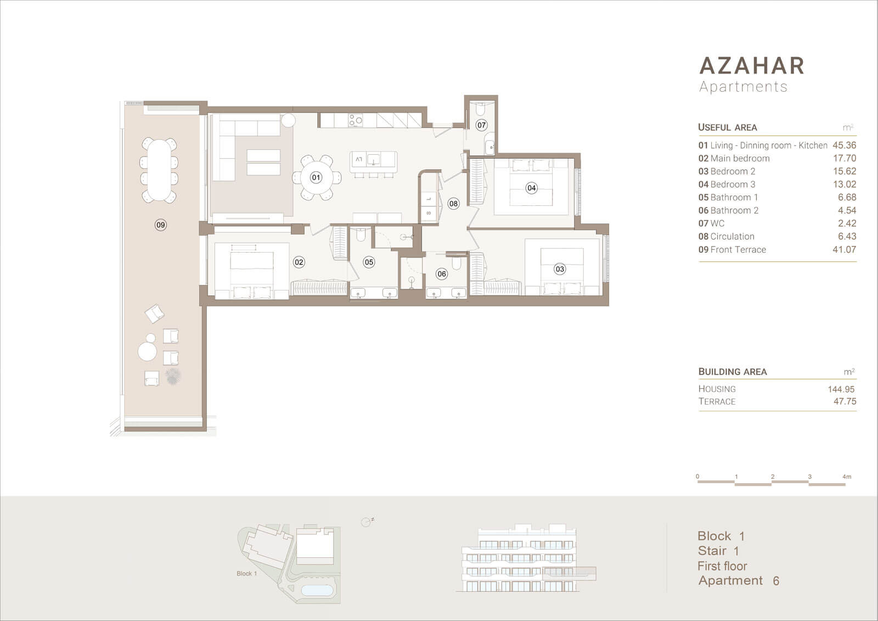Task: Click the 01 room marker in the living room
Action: pos(316,177)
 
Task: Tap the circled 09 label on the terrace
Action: pos(160,225)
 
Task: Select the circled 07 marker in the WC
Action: pos(481,125)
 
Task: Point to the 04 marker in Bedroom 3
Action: pos(532,188)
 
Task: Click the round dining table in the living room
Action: pos(317,177)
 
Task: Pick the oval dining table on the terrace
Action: pos(159,170)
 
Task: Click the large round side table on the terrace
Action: pos(148,351)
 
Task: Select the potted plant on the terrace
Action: pos(172,376)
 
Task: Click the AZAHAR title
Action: pos(752,65)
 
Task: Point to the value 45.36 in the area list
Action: pos(845,145)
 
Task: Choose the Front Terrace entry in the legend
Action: pos(732,249)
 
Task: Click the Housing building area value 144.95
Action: pos(841,389)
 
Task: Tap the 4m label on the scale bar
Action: pos(847,477)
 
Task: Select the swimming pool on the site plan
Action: pos(318,590)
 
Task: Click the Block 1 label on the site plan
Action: pos(246,574)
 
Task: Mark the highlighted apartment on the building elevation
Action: pos(569,574)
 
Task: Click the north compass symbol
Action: pos(367,522)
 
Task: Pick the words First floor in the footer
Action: pos(722,566)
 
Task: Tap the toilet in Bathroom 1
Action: pos(361,234)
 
